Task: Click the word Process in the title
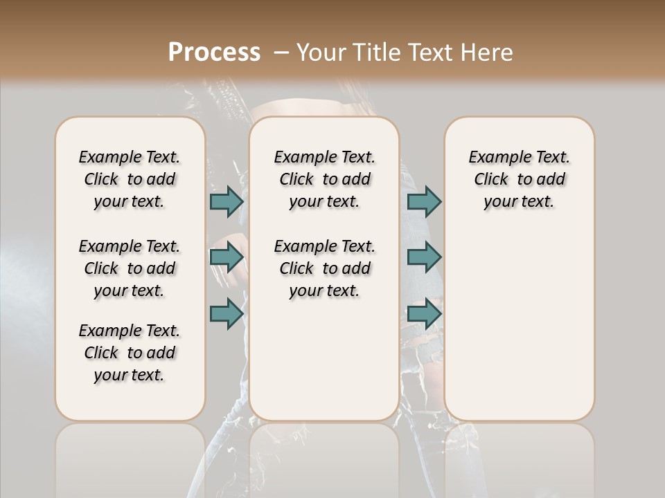[214, 52]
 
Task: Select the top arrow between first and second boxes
[227, 201]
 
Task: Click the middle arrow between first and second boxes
[227, 258]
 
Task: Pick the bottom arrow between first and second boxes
[227, 313]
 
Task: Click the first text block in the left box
[130, 179]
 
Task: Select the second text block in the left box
[130, 268]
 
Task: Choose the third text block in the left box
[130, 353]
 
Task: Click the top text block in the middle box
[324, 179]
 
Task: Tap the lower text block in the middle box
[324, 268]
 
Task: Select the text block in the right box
[519, 179]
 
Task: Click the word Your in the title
[321, 52]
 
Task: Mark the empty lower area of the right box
[519, 318]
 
